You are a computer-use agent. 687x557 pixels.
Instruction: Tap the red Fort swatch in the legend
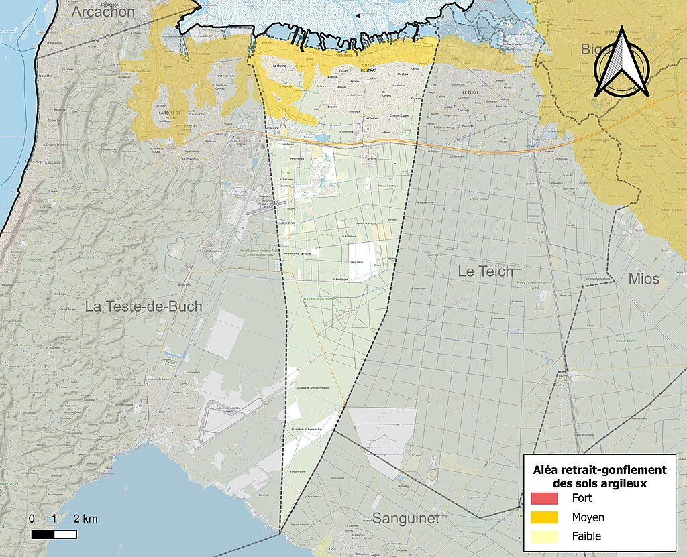tap(544, 499)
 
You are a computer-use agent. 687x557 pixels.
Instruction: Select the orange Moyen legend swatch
tap(544, 517)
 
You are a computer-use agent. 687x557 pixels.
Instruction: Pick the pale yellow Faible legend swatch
tap(544, 536)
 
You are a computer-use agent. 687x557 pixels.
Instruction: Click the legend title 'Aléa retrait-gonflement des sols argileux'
tap(599, 477)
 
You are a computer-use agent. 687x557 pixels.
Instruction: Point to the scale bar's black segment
tap(43, 534)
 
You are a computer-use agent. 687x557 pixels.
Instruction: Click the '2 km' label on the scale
tap(85, 519)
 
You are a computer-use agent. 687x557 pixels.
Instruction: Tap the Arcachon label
tap(103, 12)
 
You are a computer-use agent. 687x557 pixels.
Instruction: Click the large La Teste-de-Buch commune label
tap(143, 306)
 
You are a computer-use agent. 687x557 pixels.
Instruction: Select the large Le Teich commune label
tap(485, 271)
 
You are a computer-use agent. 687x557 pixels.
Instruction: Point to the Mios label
tap(643, 278)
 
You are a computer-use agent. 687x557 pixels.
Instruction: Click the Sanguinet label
tap(405, 518)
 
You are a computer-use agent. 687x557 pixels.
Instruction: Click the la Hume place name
tap(281, 67)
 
